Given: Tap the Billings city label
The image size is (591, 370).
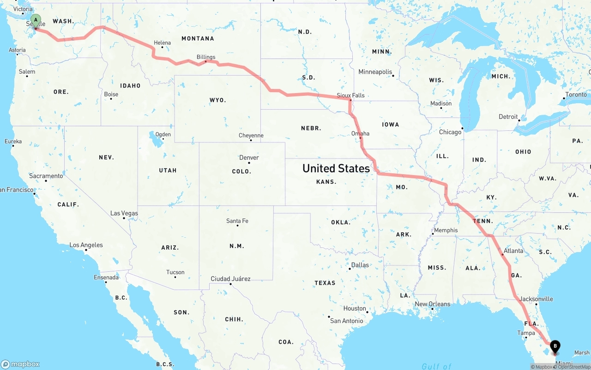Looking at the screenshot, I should coord(206,57).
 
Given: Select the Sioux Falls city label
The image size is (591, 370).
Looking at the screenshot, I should coord(350,95).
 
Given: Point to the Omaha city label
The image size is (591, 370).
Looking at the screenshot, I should coord(360,134).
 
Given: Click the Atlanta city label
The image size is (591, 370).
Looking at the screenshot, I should coord(513,251).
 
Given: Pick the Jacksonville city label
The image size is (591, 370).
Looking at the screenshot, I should coord(536,299).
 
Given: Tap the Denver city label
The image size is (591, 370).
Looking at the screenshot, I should coord(249,158).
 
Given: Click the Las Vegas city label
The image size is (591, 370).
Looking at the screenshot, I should coord(124,213).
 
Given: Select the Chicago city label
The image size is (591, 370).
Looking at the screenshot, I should coord(450,132).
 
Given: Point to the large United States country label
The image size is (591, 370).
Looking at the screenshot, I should coord(336,169).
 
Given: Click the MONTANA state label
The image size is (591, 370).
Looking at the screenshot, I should coord(198,39).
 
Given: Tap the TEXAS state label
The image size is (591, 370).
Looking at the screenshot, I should coord(325,282).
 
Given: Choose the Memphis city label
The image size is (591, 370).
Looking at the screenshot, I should coord(446,230).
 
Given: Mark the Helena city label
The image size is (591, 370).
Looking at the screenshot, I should coord(162,43).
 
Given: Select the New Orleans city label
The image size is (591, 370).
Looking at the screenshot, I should coord(433,304).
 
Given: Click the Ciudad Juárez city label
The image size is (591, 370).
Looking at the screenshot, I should coord(230,279).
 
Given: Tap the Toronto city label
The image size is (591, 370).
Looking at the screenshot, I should coord(576,95).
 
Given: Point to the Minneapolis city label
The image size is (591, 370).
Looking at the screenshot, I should coord(375,72).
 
